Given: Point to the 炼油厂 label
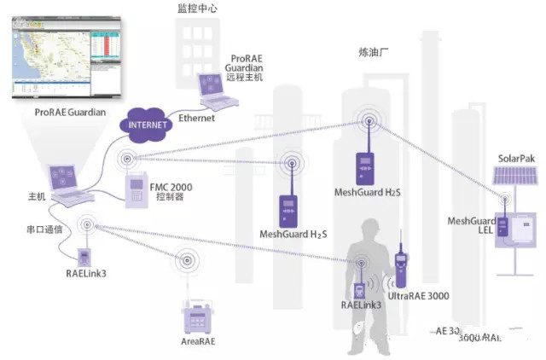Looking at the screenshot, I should [x=374, y=51].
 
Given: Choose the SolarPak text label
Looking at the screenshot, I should [x=517, y=159].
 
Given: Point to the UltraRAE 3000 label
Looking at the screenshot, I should [x=421, y=296].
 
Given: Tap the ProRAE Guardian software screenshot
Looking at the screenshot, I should [x=65, y=59].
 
